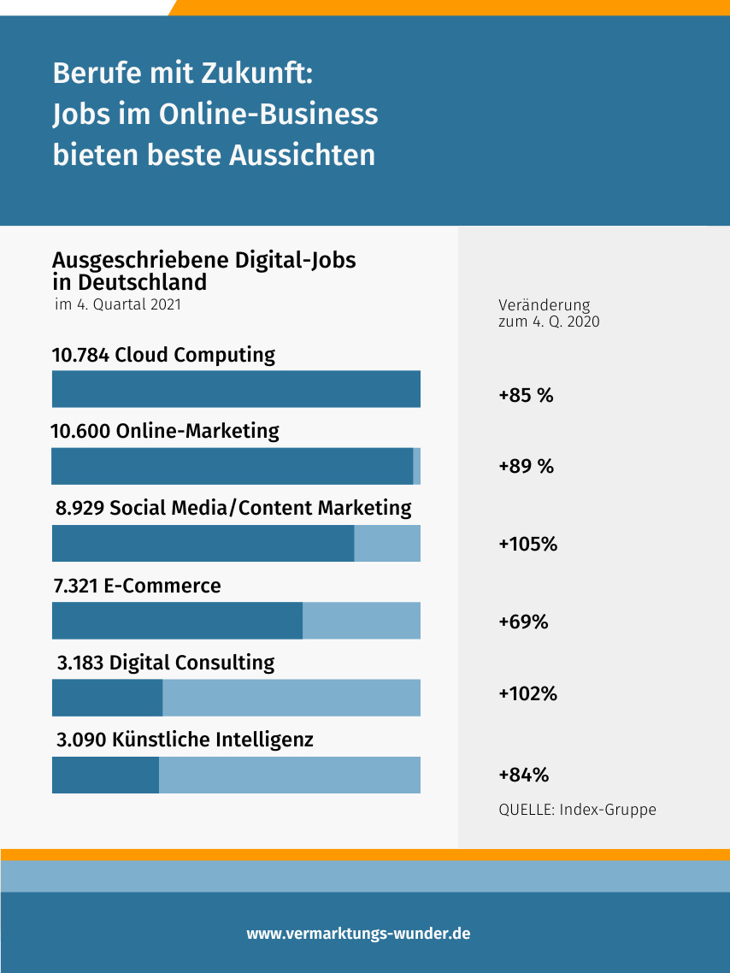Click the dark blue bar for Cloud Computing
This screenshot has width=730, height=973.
pos(236,389)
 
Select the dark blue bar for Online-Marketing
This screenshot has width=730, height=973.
pos(233,467)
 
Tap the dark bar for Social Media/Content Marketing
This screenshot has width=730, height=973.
pos(203,544)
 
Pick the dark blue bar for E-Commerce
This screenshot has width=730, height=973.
pos(177,621)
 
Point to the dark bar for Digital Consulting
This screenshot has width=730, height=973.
pos(108,698)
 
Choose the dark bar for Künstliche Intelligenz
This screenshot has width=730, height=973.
pos(106,775)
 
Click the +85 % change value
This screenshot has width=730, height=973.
pos(526,396)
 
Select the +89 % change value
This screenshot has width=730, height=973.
pos(526,467)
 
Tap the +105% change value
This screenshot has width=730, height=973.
pos(527,544)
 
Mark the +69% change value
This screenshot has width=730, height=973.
pos(523,622)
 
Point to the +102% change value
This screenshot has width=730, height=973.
pos(527,693)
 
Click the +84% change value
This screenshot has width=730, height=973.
pos(523,775)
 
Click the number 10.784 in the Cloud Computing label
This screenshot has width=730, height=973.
pos(80,355)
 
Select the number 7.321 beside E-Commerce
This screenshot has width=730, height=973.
pos(75,586)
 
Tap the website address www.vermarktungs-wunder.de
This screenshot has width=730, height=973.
pos(358,934)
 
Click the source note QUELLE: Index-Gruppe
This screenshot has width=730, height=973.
pos(577,809)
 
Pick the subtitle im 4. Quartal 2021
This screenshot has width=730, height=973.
pos(117,304)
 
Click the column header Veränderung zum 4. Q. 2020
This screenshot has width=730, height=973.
pos(548,314)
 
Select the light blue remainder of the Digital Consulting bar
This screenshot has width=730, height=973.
pos(291,698)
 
